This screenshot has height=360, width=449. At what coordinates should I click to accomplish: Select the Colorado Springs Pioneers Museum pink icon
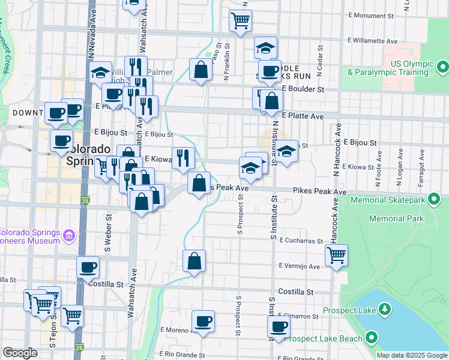(x=70, y=236)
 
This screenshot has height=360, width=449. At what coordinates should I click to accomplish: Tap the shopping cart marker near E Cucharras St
(x=336, y=255)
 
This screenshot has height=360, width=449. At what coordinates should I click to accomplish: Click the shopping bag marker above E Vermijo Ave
(x=194, y=261)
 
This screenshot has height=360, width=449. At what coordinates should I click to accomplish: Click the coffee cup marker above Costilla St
(x=88, y=268)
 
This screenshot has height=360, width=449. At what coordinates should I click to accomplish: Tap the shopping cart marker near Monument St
(x=240, y=21)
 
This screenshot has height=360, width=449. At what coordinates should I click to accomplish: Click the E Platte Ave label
(x=303, y=116)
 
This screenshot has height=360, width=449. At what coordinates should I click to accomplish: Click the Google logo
(x=20, y=353)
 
